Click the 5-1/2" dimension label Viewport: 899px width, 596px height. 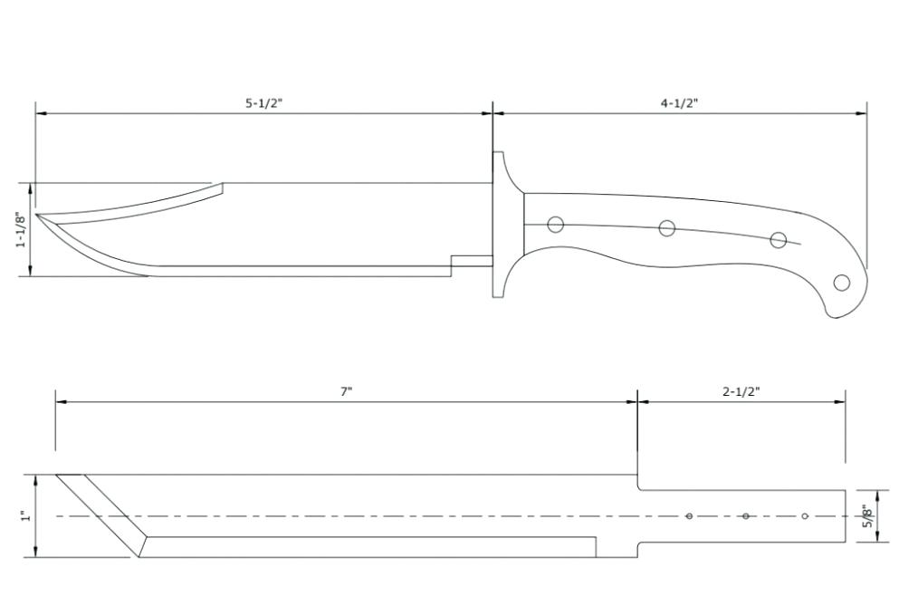(x=264, y=103)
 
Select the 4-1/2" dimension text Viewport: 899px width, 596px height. (x=679, y=103)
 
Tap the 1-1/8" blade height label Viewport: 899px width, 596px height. (x=21, y=229)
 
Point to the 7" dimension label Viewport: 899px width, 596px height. (x=347, y=392)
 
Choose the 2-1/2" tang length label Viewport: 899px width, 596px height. (x=741, y=392)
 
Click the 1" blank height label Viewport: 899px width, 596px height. (x=25, y=516)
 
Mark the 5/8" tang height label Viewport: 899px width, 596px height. (x=867, y=515)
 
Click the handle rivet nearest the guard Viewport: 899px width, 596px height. (x=555, y=225)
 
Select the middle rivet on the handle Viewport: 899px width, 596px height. (x=667, y=228)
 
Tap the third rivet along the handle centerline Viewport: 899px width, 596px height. (x=778, y=240)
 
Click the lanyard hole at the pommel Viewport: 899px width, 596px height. (x=842, y=283)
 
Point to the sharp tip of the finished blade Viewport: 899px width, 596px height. (x=36, y=215)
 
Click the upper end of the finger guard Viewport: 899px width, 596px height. (x=498, y=152)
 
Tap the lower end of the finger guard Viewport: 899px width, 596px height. (x=498, y=295)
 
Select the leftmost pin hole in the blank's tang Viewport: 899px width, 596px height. (x=689, y=516)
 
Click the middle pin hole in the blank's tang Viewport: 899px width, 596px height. (x=745, y=516)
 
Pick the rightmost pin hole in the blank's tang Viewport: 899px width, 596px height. (x=805, y=516)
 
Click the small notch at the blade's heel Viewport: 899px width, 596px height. (x=472, y=261)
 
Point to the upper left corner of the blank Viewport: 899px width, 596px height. (x=56, y=475)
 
